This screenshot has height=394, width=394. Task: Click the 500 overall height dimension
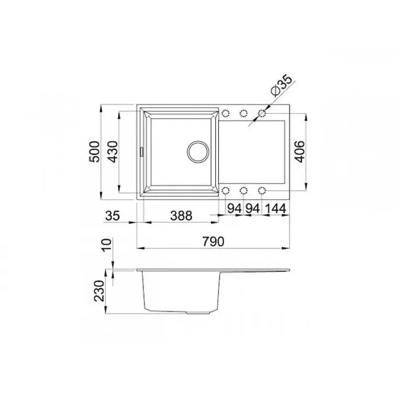95,152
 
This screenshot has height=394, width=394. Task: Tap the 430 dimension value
112,152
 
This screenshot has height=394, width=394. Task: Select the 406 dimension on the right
299,152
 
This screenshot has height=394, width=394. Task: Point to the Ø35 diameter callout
282,85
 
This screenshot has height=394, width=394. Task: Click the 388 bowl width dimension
181,216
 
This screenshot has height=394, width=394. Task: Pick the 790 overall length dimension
213,241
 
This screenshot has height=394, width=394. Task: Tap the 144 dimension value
275,208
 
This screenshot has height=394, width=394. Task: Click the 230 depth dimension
99,291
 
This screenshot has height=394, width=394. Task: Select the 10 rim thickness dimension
106,245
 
